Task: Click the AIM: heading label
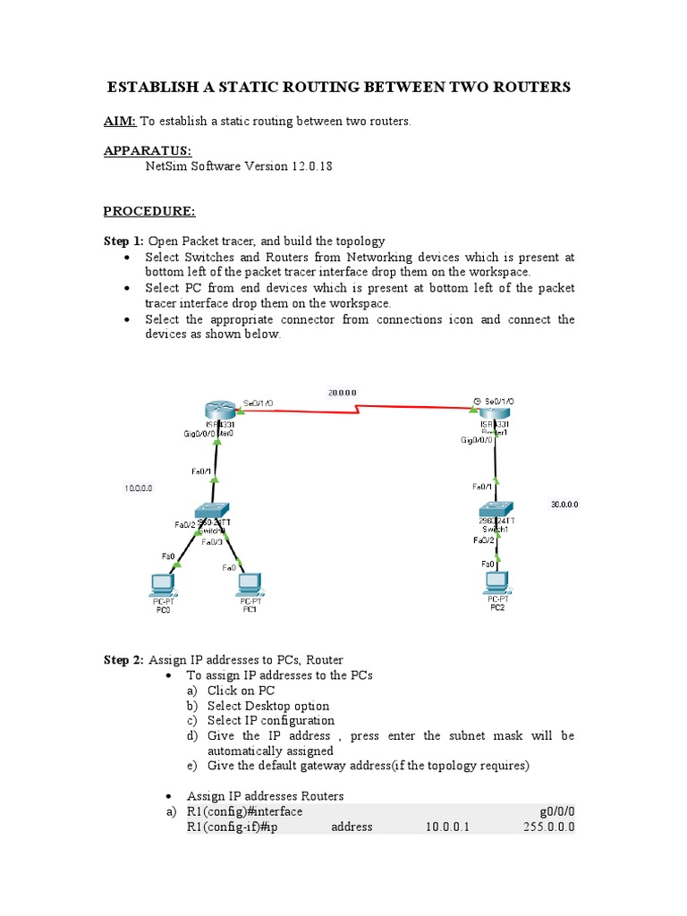click(x=120, y=122)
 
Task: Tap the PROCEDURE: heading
click(x=148, y=211)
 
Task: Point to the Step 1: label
click(x=123, y=241)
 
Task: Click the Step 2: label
click(x=123, y=660)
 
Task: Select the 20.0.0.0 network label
click(x=342, y=393)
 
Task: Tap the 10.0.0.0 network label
click(x=138, y=488)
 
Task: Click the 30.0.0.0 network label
click(x=564, y=505)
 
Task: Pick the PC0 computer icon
click(x=163, y=586)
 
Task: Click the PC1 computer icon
click(x=250, y=586)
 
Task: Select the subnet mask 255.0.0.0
click(x=548, y=827)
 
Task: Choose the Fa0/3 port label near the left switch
click(x=212, y=542)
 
